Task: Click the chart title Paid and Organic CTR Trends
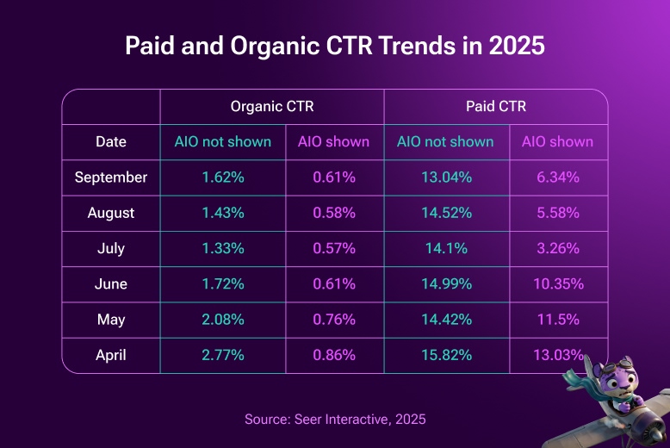(335, 46)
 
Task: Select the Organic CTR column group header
(271, 107)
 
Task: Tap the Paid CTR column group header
(495, 107)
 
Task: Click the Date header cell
(111, 142)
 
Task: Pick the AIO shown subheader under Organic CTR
(333, 142)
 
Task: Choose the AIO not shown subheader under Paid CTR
(445, 142)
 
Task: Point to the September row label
(111, 177)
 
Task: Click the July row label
(111, 249)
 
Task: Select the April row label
(111, 355)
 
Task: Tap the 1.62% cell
(222, 177)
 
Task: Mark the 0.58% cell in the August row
(333, 213)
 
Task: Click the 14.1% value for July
(445, 249)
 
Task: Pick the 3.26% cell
(558, 249)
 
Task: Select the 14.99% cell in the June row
(445, 284)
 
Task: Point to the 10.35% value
(558, 284)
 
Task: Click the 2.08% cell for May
(222, 320)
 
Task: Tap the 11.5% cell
(558, 320)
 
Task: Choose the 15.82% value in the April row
(445, 355)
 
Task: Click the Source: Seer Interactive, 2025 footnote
(335, 420)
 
